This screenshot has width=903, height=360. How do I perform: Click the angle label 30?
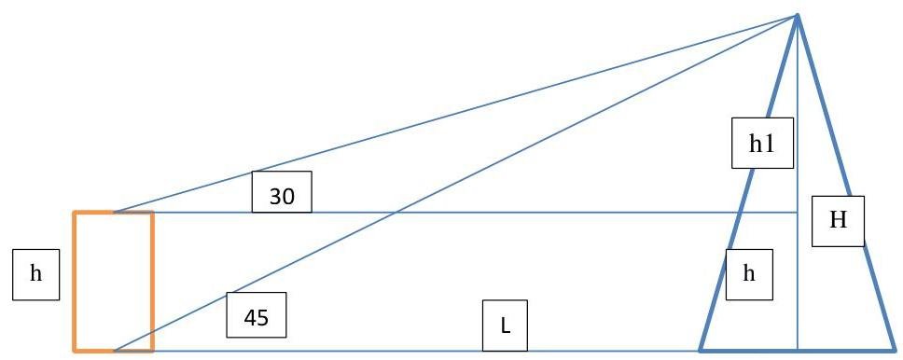[282, 192]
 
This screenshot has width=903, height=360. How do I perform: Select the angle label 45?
[257, 314]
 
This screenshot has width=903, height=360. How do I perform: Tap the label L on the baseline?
[505, 325]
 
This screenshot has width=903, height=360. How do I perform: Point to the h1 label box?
[762, 143]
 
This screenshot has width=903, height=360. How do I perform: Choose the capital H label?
[838, 221]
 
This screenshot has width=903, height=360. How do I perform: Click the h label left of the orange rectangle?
[35, 274]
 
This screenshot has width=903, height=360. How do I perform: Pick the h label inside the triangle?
[749, 274]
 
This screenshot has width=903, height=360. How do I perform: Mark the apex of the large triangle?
[797, 16]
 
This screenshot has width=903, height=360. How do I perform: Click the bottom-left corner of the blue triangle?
[701, 351]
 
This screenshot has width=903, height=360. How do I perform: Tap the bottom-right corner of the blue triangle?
[894, 351]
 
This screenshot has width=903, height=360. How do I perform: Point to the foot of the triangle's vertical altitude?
[797, 351]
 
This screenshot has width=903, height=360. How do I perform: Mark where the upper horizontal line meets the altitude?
[797, 213]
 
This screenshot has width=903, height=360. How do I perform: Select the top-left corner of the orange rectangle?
[75, 213]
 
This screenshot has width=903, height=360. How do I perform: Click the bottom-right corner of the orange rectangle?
[153, 351]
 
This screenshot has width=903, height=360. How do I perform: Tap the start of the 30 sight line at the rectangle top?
[114, 213]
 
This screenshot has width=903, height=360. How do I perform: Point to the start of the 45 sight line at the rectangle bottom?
[114, 351]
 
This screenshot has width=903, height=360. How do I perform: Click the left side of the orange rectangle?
[75, 281]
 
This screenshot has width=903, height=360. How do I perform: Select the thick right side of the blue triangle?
[845, 183]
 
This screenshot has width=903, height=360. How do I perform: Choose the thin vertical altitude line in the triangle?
[797, 183]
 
